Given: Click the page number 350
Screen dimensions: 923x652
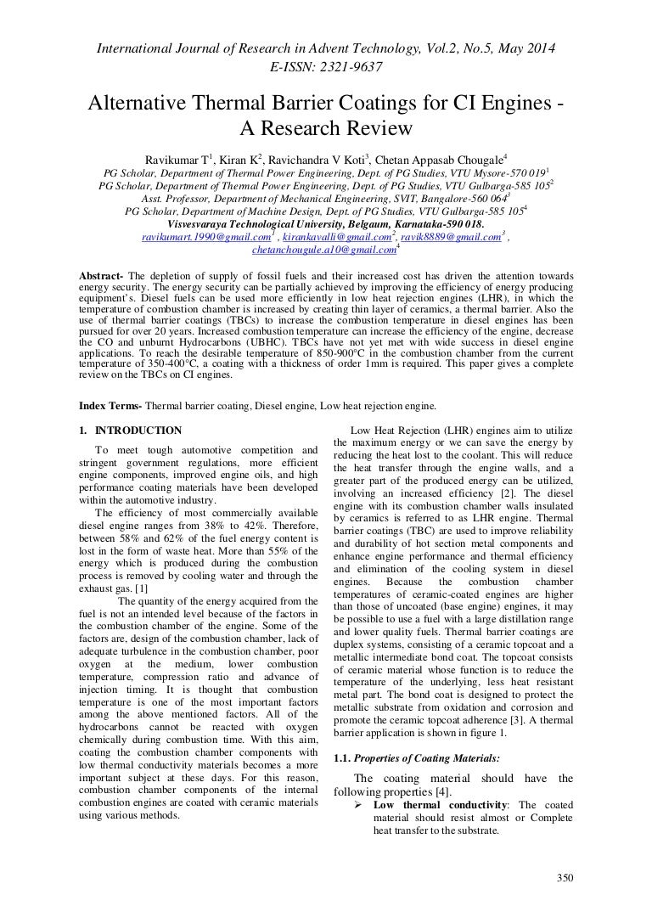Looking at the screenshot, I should [565, 879].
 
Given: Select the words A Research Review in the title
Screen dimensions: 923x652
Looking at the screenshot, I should [326, 129].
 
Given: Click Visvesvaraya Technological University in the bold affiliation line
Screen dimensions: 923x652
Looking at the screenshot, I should [260, 224].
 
